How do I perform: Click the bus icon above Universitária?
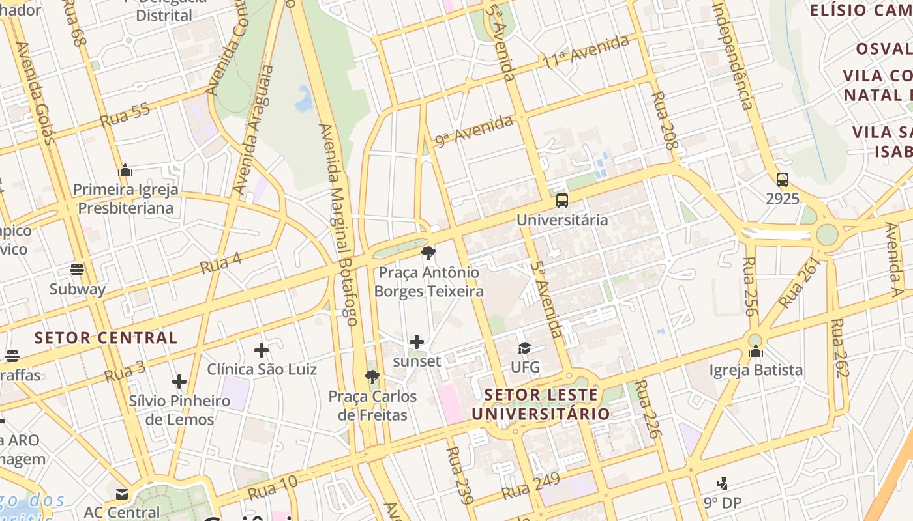(x=561, y=200)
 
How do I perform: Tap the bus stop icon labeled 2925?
(x=782, y=180)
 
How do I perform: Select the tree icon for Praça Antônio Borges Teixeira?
(x=428, y=253)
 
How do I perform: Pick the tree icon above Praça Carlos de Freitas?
(x=372, y=377)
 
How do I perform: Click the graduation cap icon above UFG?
(x=524, y=348)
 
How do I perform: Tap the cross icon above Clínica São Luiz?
(x=262, y=350)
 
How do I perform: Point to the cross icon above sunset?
(x=416, y=342)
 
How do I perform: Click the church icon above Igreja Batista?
(x=756, y=352)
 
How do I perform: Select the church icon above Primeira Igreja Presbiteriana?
(x=125, y=171)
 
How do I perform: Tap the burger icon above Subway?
(x=77, y=270)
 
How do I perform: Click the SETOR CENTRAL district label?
(x=106, y=338)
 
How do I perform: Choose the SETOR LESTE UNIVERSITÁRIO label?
(x=541, y=404)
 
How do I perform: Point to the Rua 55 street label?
(x=125, y=115)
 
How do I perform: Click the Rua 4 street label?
(x=220, y=262)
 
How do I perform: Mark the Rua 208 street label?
(x=665, y=121)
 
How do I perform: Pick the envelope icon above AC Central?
(x=121, y=494)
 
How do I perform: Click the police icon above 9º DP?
(x=722, y=484)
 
